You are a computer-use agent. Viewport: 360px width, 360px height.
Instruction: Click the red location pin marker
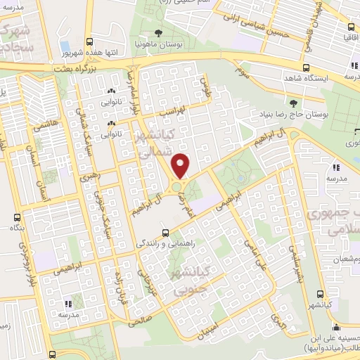[181, 166]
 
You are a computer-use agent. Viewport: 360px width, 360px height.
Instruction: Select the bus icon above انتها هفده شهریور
[89, 42]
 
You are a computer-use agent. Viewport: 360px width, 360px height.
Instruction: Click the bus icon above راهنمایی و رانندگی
[165, 231]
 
